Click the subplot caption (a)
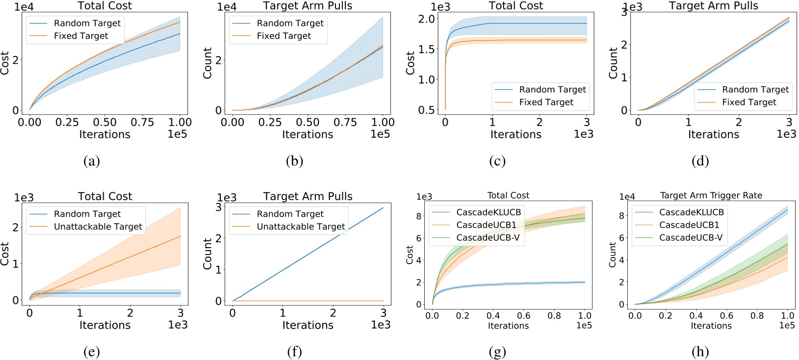pos(92,161)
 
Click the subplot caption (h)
pos(700,352)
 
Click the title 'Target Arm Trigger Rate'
pos(711,196)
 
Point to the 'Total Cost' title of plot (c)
pos(515,6)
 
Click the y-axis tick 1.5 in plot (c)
pos(427,49)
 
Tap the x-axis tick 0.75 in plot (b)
pos(345,122)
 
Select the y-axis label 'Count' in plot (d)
pos(613,63)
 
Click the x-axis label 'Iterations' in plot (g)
pos(508,326)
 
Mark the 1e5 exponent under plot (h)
pos(787,325)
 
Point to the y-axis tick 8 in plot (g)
pos(419,216)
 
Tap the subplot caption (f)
pos(294,352)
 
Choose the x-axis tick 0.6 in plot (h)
pos(726,316)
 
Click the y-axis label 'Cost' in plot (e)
pos(5,254)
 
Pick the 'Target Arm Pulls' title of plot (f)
pos(308,197)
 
